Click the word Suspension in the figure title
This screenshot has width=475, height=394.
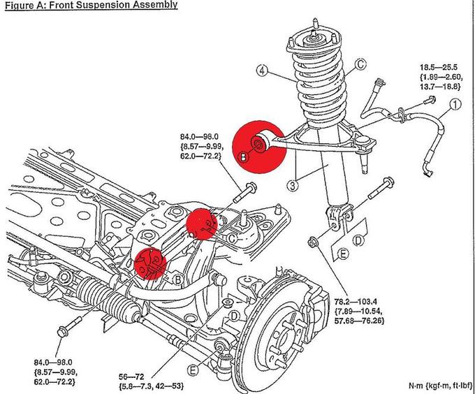coord(103,5)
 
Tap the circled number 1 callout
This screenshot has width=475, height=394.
coord(455,106)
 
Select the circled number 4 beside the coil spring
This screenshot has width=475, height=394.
coord(262,70)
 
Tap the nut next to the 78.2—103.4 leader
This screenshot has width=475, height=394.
coord(314,242)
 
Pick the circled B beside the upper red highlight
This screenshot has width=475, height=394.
coord(244,159)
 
